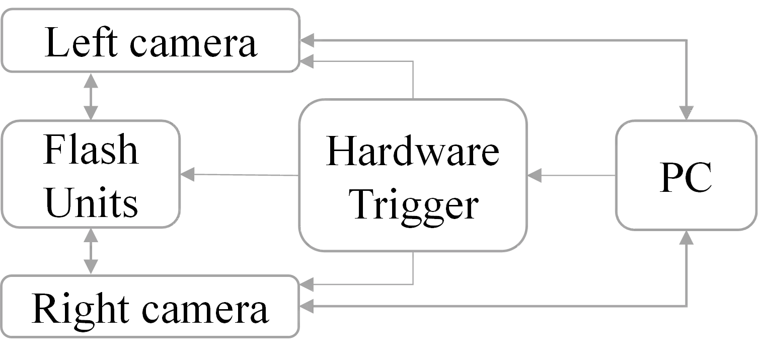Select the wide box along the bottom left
click(x=151, y=306)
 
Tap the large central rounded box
click(x=414, y=175)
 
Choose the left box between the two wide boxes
click(x=91, y=173)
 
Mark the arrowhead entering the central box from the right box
click(x=537, y=175)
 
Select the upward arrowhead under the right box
click(x=686, y=240)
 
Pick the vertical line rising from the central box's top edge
click(x=414, y=80)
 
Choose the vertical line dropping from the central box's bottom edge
click(x=414, y=269)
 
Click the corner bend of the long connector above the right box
click(x=686, y=40)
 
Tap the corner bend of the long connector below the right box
click(x=686, y=305)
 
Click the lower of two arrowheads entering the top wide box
click(x=307, y=62)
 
